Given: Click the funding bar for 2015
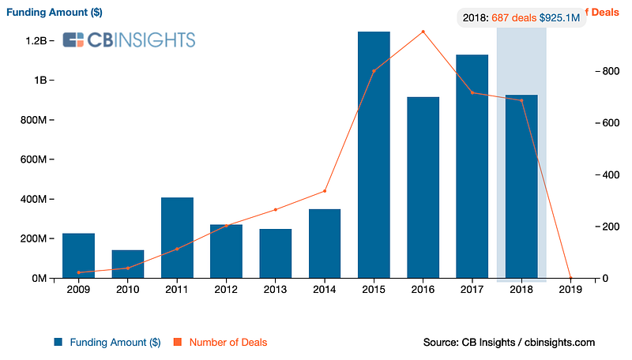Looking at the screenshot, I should [374, 155].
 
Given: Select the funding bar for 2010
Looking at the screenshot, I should [128, 264].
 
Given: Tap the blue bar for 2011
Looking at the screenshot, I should [177, 238].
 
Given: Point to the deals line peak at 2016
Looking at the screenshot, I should [423, 32].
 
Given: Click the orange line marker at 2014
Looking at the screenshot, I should [325, 191].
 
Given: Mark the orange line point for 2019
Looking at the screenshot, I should [570, 278].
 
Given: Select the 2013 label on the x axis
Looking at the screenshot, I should [276, 290].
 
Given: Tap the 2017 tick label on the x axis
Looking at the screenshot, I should [472, 290].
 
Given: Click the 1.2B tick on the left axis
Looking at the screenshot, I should [38, 40].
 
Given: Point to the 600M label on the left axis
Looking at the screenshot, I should [35, 159].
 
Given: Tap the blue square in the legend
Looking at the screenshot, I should [58, 342].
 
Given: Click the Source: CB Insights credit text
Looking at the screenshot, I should [509, 342].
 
